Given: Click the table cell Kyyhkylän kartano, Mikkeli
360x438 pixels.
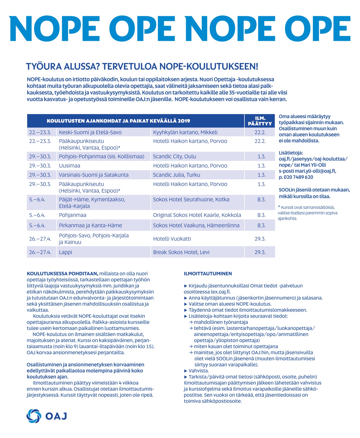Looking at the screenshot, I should [185, 132].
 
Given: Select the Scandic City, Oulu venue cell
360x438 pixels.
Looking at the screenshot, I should [175, 157].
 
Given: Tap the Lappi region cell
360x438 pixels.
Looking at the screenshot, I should [66, 252].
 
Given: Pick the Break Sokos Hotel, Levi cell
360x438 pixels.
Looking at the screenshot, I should [181, 252].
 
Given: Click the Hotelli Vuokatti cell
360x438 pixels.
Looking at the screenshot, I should [172, 239].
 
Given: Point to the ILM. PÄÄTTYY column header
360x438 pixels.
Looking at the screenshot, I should [260, 121].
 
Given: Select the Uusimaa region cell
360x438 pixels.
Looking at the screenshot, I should [70, 166].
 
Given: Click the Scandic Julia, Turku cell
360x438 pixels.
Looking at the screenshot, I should [176, 175].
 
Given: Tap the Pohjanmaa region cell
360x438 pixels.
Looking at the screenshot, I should [72, 215].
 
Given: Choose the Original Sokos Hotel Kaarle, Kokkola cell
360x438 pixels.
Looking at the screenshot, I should [197, 215].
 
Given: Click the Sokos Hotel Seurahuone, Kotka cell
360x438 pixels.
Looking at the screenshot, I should [191, 200].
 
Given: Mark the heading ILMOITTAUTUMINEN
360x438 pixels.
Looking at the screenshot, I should [208, 274].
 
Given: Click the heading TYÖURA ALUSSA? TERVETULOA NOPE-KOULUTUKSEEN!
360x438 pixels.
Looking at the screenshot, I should [142, 66].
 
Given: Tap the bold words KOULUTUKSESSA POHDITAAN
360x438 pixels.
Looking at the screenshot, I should [62, 274].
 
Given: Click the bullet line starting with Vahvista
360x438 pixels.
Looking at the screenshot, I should [198, 371].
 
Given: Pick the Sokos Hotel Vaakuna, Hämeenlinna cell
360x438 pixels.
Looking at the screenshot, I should [196, 226].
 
